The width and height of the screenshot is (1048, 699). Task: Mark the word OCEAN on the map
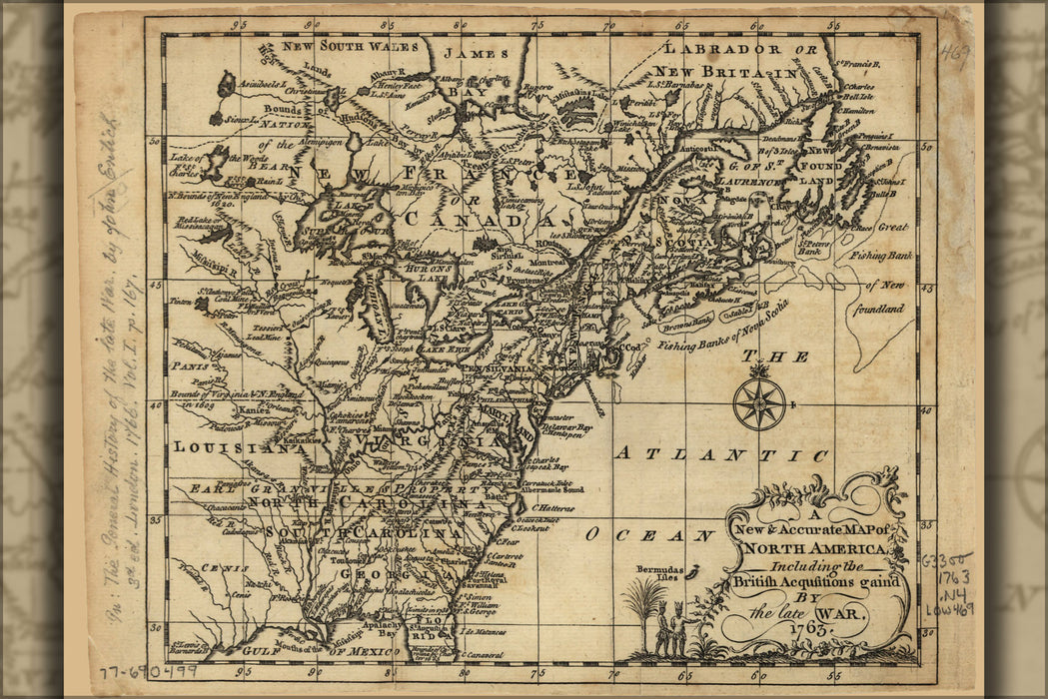(650, 534)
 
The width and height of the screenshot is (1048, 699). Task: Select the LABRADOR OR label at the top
(735, 49)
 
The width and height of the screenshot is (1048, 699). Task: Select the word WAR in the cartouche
(841, 612)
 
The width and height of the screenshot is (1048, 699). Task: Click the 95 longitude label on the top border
(238, 24)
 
